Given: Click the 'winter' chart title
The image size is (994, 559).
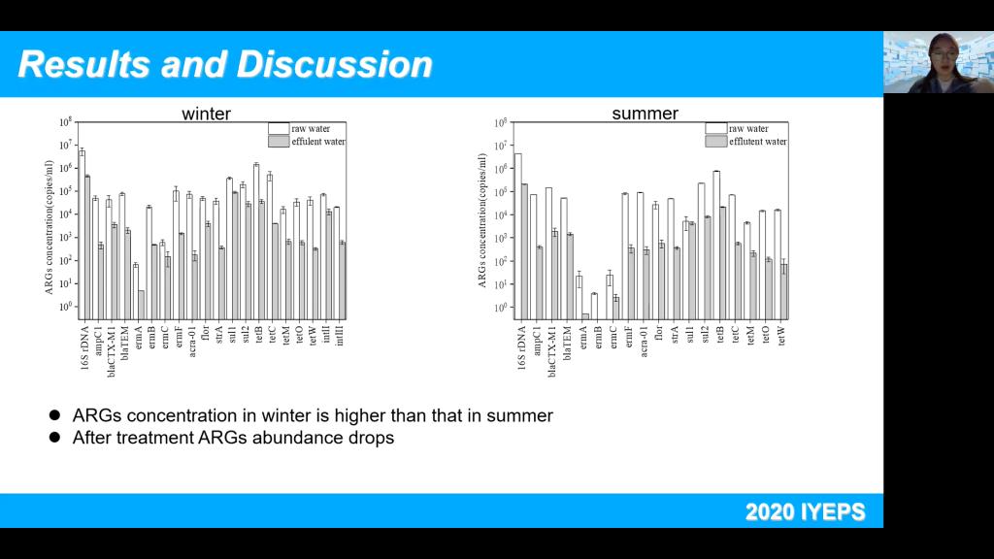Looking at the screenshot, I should (206, 114).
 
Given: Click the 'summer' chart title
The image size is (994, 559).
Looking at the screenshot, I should (645, 114).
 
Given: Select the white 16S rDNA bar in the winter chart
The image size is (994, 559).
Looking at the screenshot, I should (82, 233).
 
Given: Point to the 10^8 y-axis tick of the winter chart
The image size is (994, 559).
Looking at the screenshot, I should (65, 122).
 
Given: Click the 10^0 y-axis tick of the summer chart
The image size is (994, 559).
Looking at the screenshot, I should (505, 308).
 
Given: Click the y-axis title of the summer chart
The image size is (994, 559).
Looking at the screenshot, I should (481, 219).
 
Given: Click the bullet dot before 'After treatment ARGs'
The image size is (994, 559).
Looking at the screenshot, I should (55, 438).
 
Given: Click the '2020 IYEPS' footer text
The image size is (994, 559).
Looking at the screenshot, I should (805, 511).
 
